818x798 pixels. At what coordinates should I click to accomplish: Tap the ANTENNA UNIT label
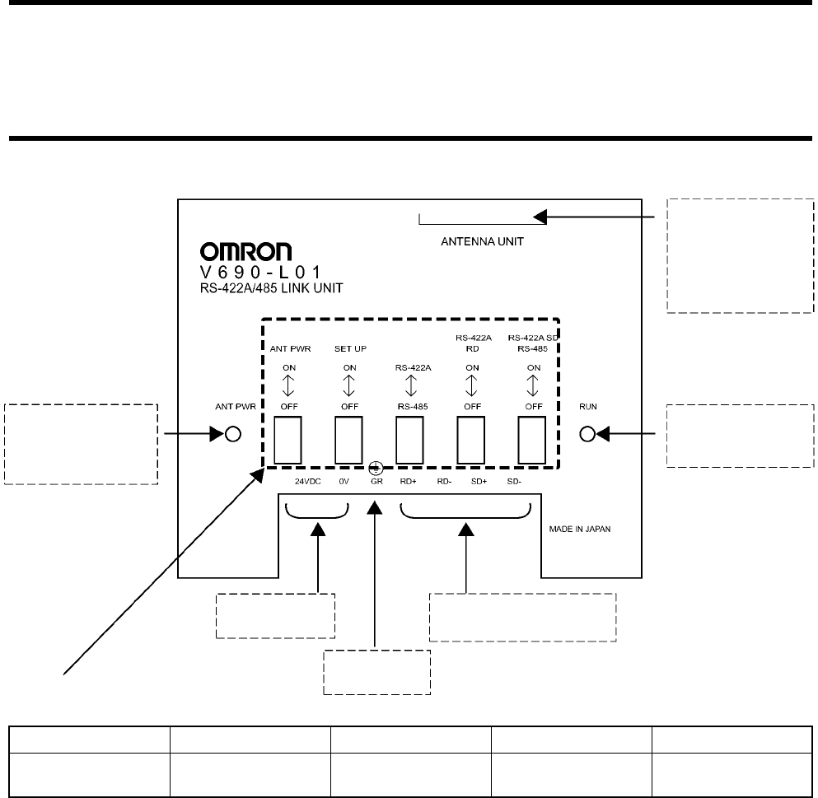tap(482, 242)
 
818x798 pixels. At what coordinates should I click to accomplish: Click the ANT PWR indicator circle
tap(233, 435)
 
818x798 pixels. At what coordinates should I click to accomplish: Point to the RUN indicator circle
tap(587, 435)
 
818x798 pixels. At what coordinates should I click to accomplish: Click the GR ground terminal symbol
tap(376, 467)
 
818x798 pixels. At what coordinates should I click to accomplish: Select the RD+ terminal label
tap(409, 481)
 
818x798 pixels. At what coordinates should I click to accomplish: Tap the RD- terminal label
tap(444, 481)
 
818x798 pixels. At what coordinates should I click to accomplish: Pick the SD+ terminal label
tap(479, 481)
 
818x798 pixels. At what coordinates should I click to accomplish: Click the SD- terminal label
tap(514, 481)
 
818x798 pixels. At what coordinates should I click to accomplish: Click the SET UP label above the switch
tap(349, 349)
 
